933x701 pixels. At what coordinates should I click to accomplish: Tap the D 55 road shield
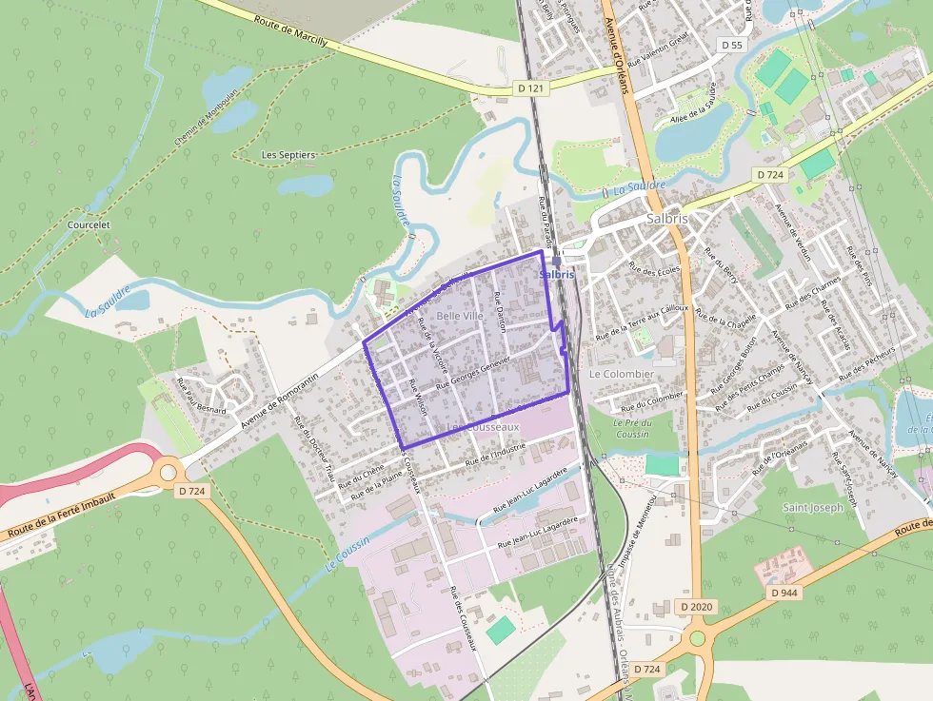(x=731, y=45)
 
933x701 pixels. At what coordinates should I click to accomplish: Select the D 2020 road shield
(x=697, y=606)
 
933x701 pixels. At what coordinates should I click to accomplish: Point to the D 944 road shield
(x=784, y=593)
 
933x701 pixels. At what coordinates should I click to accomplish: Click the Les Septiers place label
(x=288, y=154)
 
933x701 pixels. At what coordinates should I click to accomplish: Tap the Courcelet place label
(x=89, y=225)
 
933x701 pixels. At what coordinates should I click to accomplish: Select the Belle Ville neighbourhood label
(x=460, y=315)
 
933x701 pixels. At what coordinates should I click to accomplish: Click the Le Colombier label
(x=622, y=374)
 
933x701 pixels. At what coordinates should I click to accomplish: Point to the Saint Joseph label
(x=813, y=507)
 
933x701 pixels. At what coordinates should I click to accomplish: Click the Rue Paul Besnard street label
(x=202, y=397)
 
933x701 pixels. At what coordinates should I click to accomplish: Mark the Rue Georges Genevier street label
(x=473, y=374)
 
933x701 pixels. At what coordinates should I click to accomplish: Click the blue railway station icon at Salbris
(x=556, y=261)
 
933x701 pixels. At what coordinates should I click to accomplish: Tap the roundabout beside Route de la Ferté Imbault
(x=169, y=471)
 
